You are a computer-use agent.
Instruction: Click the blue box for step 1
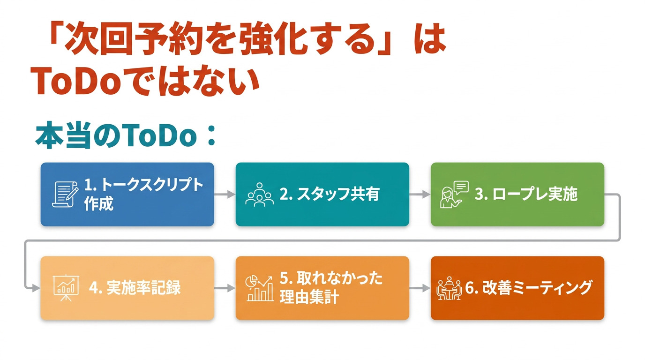127,195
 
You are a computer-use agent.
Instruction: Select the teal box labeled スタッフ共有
322,195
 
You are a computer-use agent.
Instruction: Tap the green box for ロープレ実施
517,195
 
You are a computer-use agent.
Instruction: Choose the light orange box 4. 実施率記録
127,288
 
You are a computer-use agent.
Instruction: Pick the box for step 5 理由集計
322,288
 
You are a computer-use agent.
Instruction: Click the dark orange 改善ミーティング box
517,288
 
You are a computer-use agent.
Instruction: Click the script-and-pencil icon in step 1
65,195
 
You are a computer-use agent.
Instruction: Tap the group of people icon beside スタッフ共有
259,195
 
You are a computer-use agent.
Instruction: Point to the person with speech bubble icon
454,195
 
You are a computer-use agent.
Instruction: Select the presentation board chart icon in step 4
66,288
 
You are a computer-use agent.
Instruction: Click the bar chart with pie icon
259,288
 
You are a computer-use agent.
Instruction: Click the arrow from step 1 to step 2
225,195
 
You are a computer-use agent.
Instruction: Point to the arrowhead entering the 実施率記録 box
36,288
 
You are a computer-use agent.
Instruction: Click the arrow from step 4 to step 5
225,288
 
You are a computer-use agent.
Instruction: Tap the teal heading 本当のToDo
116,135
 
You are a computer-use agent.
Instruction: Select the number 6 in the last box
470,288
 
